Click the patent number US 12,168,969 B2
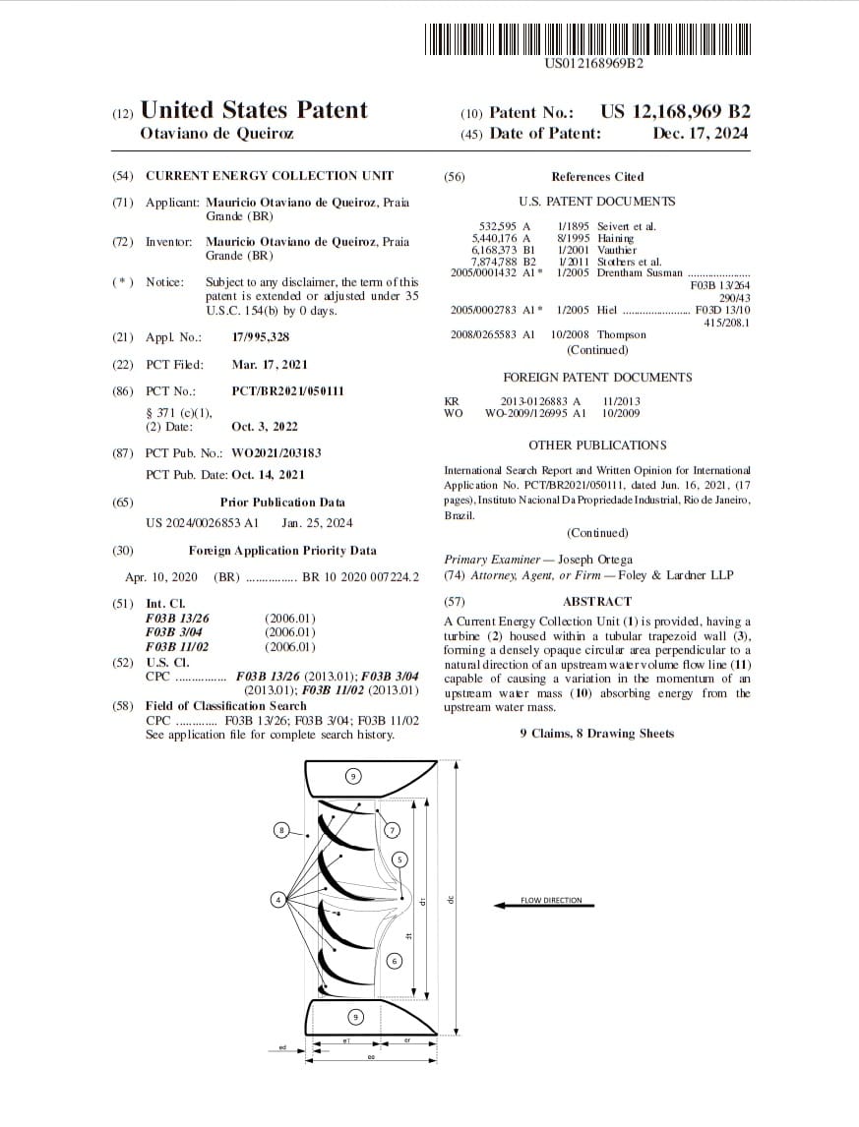coord(675,111)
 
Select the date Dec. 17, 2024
coord(700,134)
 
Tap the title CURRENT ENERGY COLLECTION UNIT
coord(270,176)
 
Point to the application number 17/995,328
coord(261,337)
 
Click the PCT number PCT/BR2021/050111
coord(288,391)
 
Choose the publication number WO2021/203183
coord(276,453)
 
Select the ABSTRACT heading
coord(597,601)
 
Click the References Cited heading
coord(597,177)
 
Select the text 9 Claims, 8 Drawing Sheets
coord(597,733)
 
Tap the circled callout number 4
coord(278,899)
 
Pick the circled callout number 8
coord(281,831)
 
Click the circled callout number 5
coord(399,859)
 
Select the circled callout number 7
coord(392,830)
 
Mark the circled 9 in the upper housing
coord(353,776)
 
